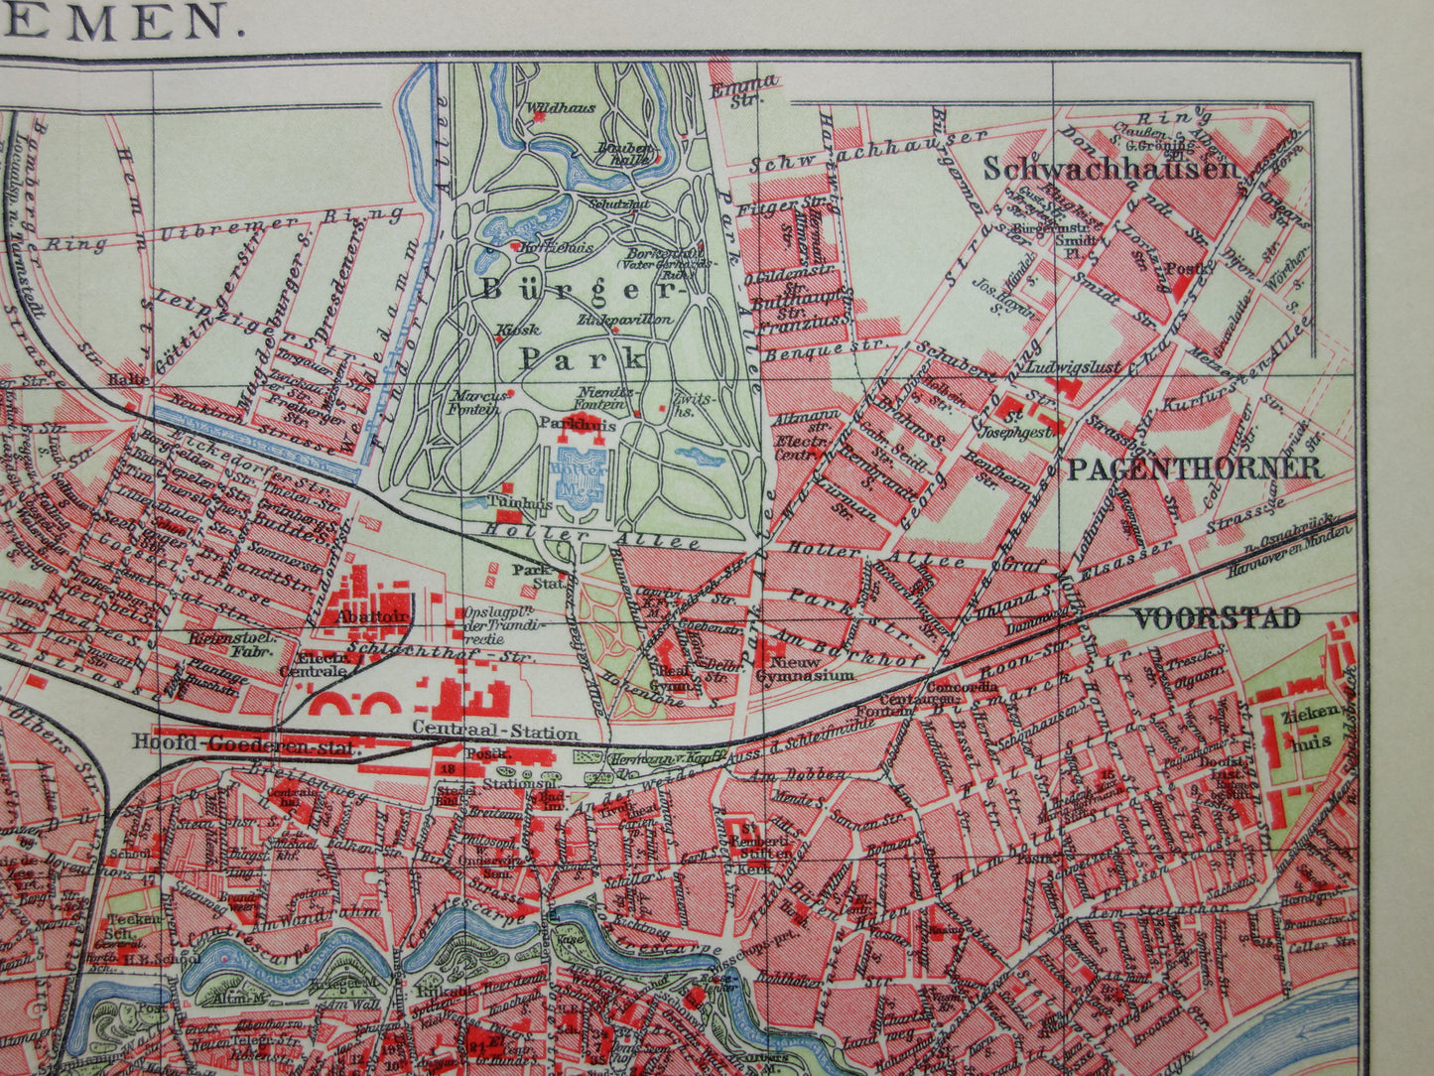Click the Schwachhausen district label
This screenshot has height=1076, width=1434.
(x=1111, y=168)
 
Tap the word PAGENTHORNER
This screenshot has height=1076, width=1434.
(x=1194, y=469)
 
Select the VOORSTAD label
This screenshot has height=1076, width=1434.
(x=1216, y=618)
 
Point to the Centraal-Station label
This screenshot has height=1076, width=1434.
(x=495, y=734)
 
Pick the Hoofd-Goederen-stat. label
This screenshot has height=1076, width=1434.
(x=244, y=742)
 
